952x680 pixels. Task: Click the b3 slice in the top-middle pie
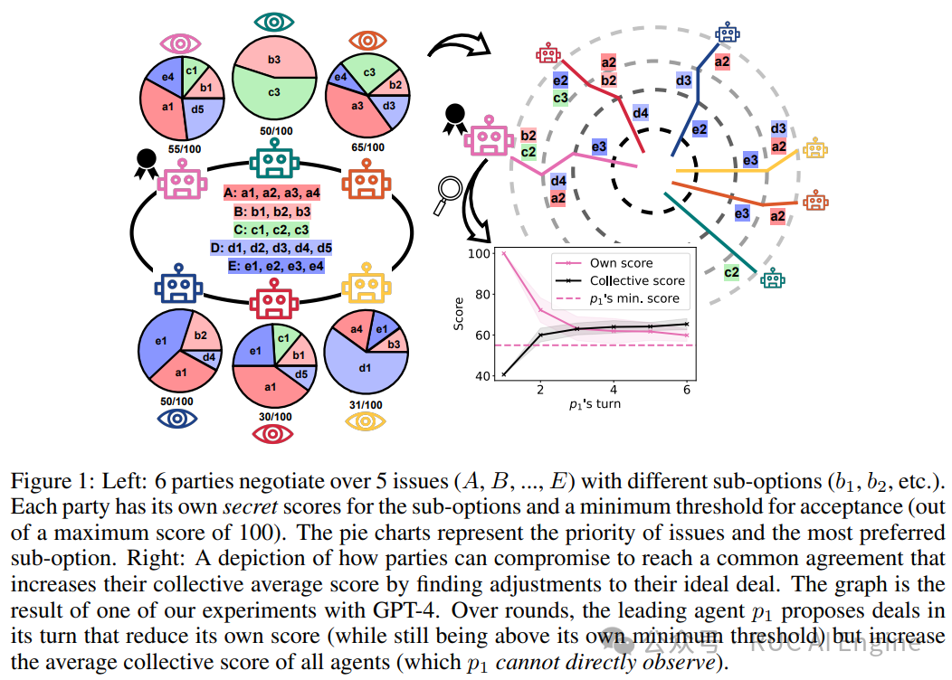[x=272, y=60]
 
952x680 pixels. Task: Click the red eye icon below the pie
[x=272, y=434]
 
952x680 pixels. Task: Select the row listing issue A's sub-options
[x=272, y=192]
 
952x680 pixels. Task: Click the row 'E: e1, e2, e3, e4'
[x=272, y=267]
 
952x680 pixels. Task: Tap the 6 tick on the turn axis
[x=688, y=389]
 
